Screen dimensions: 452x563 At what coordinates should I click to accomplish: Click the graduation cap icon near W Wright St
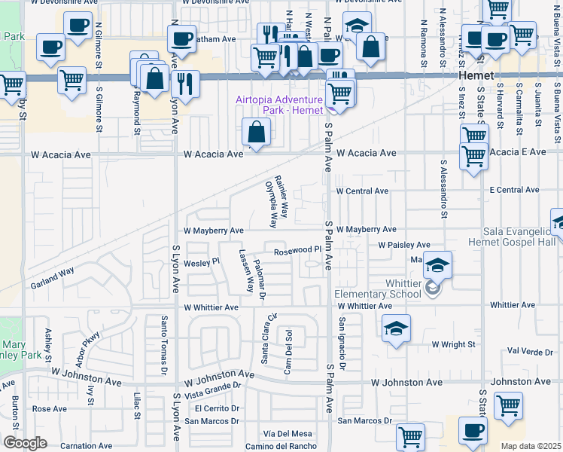pos(396,328)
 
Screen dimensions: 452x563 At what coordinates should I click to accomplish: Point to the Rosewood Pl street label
pos(297,250)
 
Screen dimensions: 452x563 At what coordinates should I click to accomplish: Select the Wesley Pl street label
pos(201,262)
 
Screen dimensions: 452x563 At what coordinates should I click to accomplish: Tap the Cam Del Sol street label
pos(288,350)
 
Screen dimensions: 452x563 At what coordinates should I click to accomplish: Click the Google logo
pos(24,443)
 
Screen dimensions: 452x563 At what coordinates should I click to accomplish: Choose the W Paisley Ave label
pos(404,245)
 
